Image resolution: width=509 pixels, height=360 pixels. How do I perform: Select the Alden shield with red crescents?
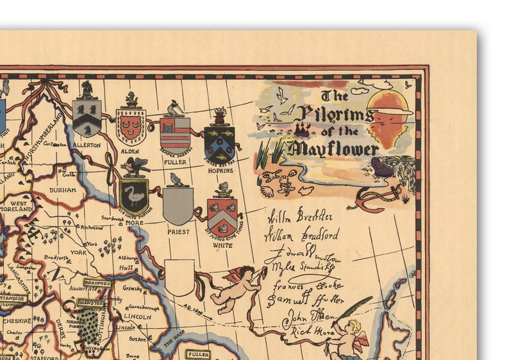[131, 126]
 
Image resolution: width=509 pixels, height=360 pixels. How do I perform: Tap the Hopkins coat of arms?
[219, 143]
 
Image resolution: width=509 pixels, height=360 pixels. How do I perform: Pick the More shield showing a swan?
[134, 196]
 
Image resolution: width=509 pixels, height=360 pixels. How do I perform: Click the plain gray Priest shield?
[178, 205]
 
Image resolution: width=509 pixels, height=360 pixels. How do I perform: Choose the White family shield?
[222, 217]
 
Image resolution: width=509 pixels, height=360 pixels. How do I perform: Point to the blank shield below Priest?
[179, 276]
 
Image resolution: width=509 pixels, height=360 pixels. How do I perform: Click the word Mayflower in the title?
[333, 150]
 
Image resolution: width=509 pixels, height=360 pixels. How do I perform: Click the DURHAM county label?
[65, 190]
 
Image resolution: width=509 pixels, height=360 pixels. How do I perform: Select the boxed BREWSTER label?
[90, 302]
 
